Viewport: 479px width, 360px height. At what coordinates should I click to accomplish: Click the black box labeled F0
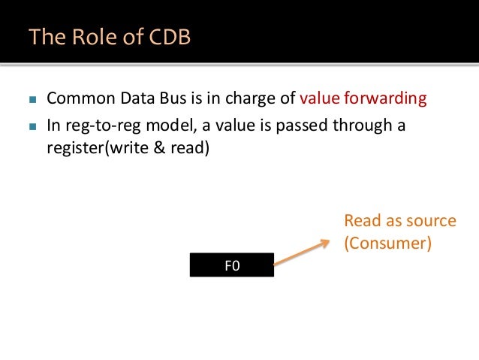[x=232, y=265]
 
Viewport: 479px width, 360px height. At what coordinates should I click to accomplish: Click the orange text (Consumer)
[x=387, y=244]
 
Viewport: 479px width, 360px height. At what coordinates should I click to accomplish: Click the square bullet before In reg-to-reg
[x=30, y=125]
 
